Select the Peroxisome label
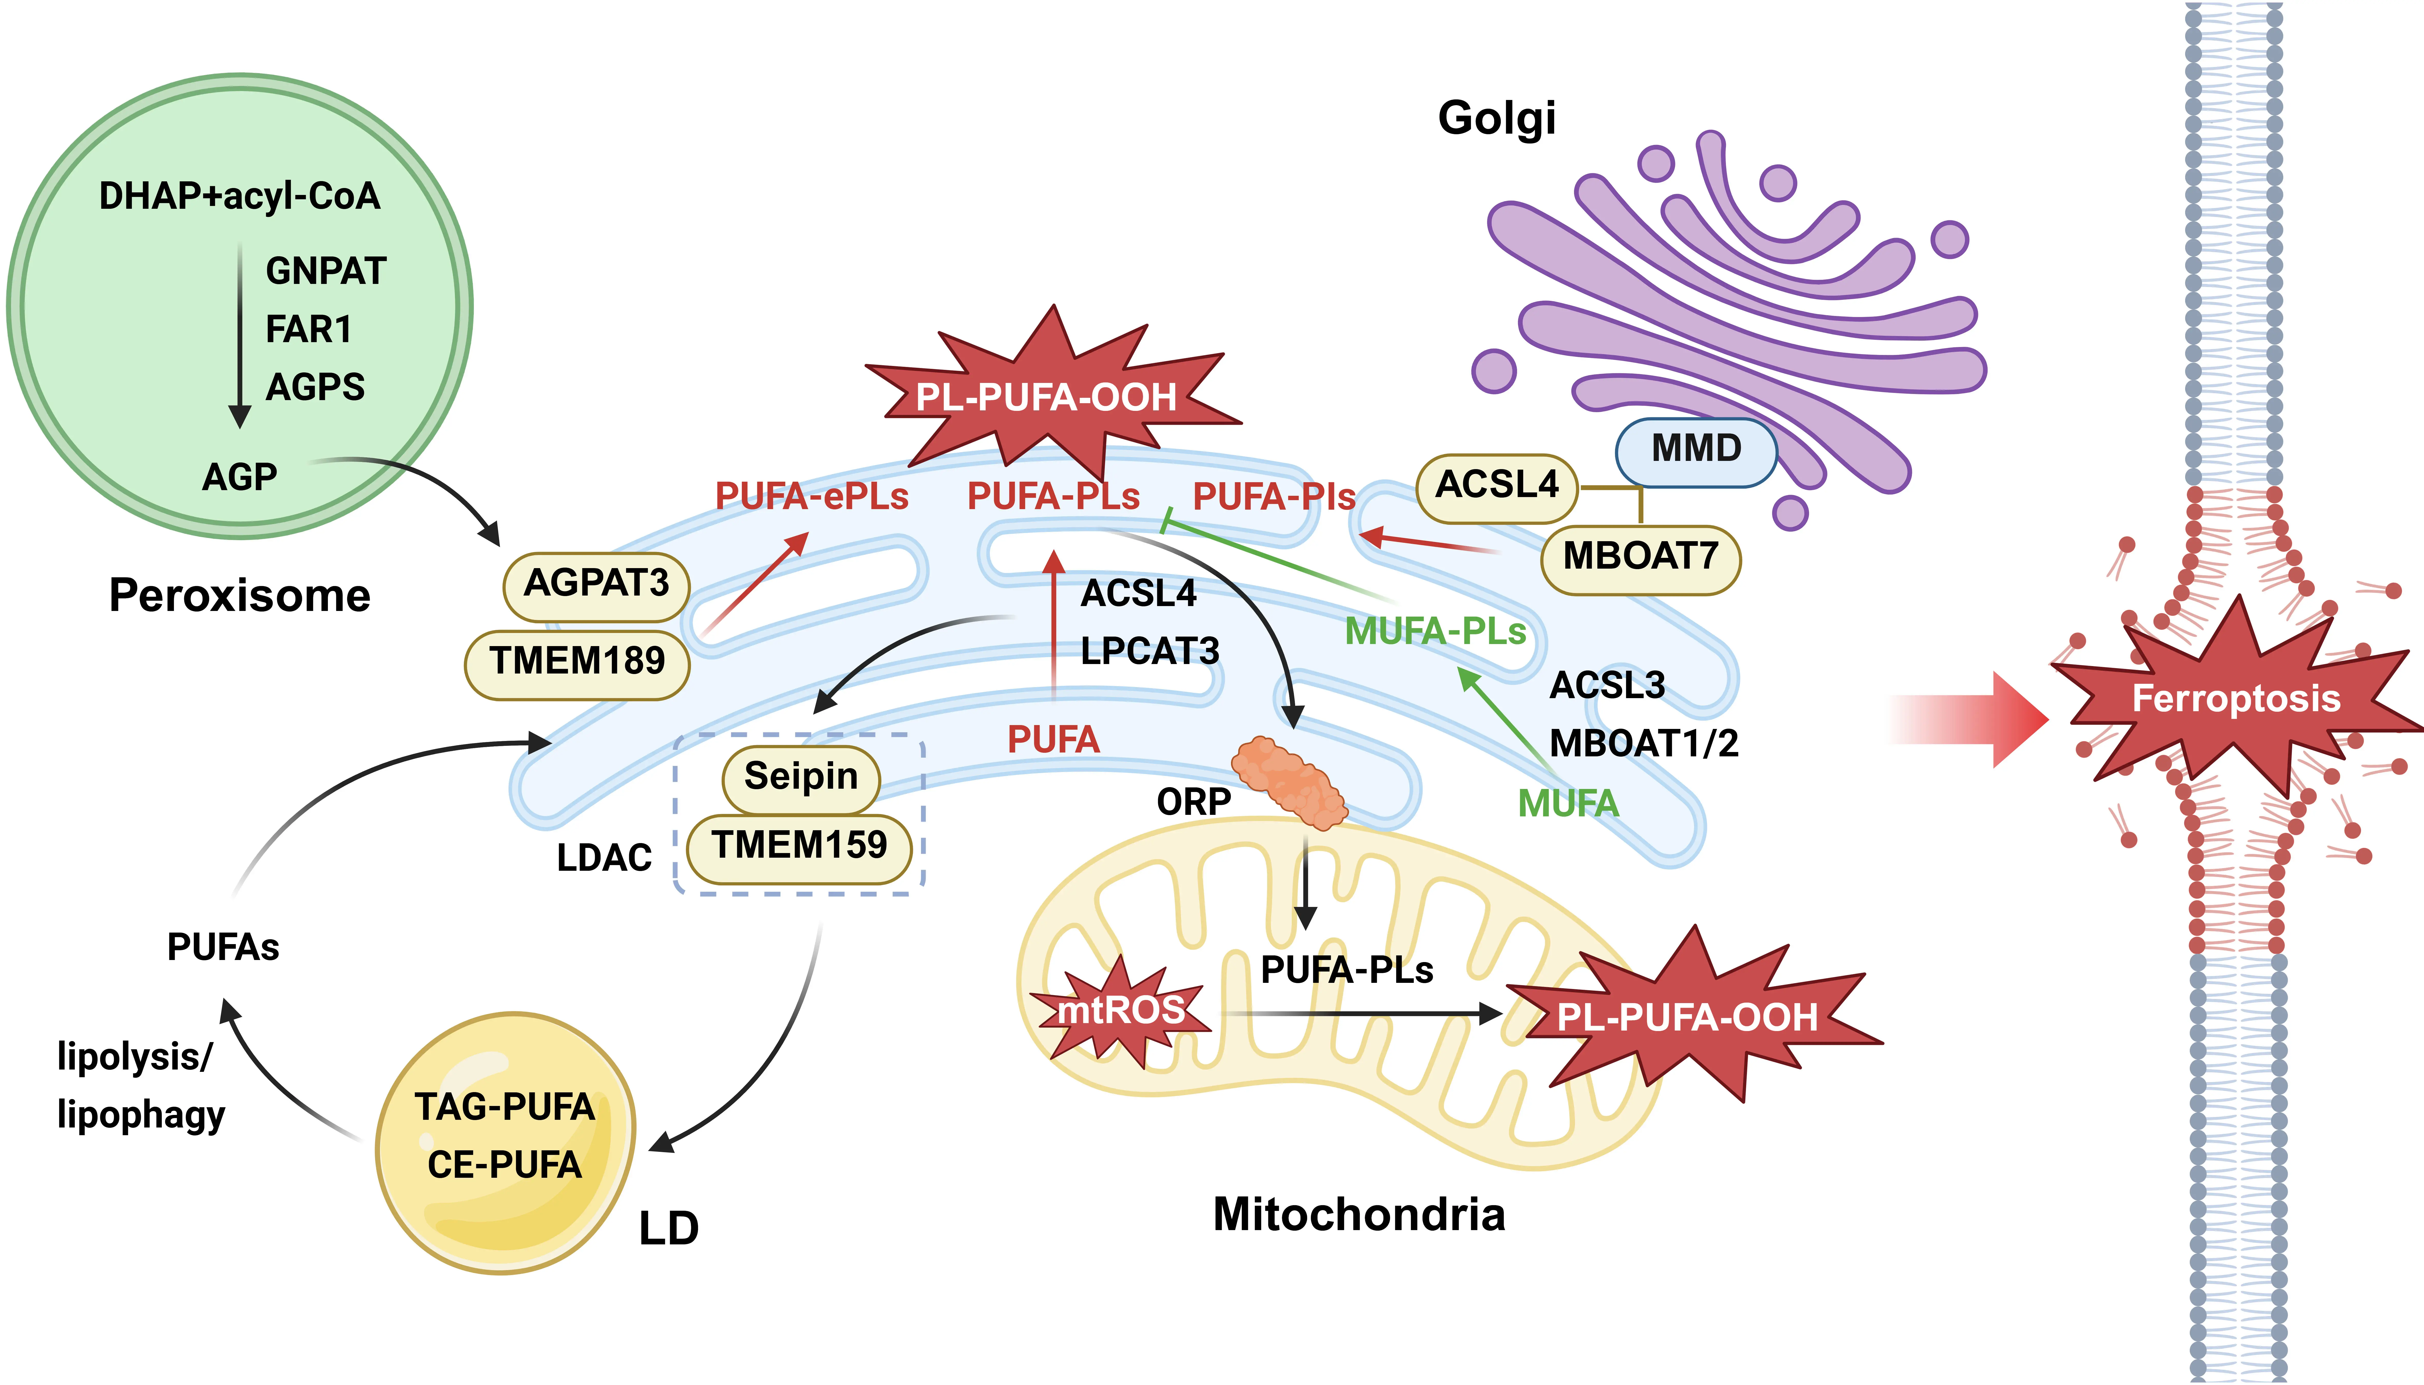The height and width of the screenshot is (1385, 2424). tap(240, 596)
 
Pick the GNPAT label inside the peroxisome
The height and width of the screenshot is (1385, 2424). tap(325, 271)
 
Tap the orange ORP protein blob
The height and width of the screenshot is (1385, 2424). tap(1289, 781)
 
